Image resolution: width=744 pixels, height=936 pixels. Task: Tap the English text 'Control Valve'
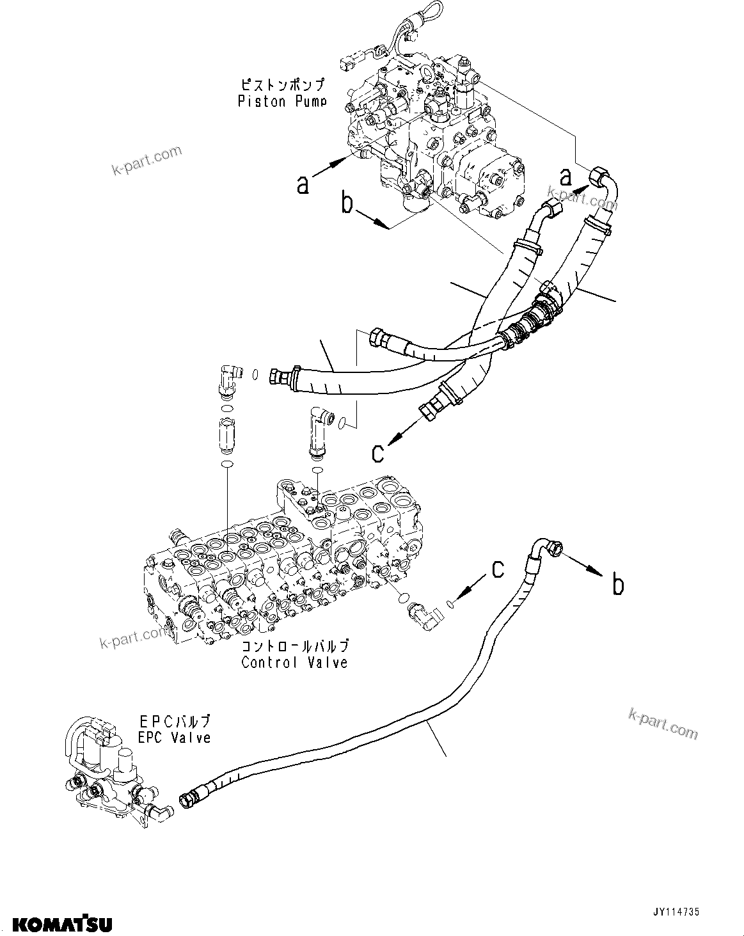click(x=294, y=662)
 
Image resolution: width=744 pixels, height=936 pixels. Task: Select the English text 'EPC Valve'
click(x=175, y=737)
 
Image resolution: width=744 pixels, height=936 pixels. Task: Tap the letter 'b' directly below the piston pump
click(x=347, y=203)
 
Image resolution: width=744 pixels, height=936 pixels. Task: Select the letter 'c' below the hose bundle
click(x=378, y=452)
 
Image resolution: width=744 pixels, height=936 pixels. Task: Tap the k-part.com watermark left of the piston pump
click(x=146, y=160)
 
